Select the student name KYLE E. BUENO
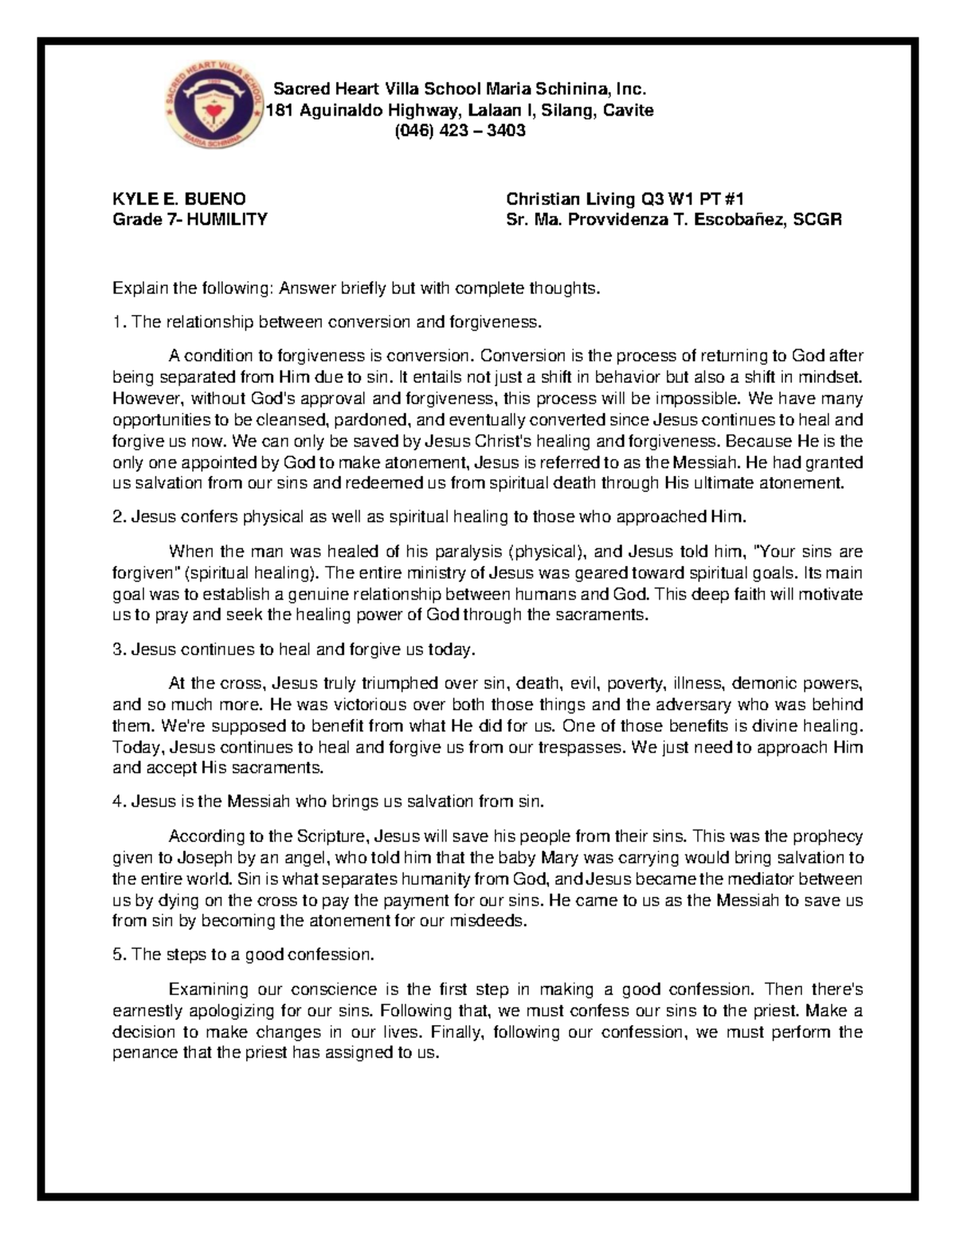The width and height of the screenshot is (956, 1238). (179, 198)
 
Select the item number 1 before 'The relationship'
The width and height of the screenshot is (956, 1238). (116, 322)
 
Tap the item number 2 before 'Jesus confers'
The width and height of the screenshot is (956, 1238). (116, 517)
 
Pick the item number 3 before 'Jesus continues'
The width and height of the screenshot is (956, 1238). (116, 650)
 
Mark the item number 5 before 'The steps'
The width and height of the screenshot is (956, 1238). (116, 954)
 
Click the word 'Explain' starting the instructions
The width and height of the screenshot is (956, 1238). (137, 289)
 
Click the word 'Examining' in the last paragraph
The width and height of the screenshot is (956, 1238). (209, 990)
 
